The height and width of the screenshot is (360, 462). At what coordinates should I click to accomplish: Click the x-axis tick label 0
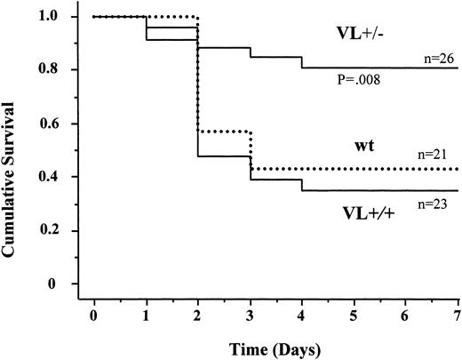point(94,316)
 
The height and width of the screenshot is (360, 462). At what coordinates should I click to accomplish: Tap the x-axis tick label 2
point(197,316)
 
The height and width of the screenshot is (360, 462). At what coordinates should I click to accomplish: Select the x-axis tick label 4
point(301,316)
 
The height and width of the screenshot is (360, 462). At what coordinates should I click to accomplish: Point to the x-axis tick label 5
point(353,316)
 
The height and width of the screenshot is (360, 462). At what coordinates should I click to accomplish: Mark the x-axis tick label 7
point(456,316)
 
